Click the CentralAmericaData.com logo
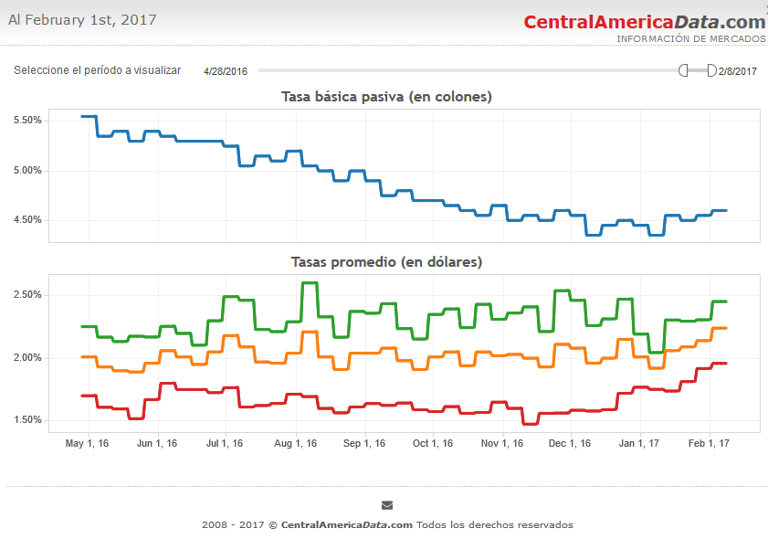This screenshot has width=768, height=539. (644, 22)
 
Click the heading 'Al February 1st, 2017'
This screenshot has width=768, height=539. (82, 20)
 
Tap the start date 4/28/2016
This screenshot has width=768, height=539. (226, 71)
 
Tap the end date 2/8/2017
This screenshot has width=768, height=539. (738, 71)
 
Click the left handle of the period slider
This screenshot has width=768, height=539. (683, 70)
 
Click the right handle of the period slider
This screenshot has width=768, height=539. (711, 70)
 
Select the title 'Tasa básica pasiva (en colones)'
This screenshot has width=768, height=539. (386, 97)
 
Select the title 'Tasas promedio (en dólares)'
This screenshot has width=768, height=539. (386, 262)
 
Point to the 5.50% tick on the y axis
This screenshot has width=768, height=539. (27, 121)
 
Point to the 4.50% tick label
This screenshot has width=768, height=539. (27, 220)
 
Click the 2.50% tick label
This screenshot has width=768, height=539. (27, 295)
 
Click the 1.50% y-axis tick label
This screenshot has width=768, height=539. (27, 420)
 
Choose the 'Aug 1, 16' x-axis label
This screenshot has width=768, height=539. (294, 444)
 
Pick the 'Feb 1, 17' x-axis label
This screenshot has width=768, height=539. (710, 444)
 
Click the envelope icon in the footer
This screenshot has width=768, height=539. (387, 505)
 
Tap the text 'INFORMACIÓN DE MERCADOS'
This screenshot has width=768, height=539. (690, 39)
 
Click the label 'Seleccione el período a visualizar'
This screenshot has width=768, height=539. (97, 70)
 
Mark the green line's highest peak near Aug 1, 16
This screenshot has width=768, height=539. (310, 283)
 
